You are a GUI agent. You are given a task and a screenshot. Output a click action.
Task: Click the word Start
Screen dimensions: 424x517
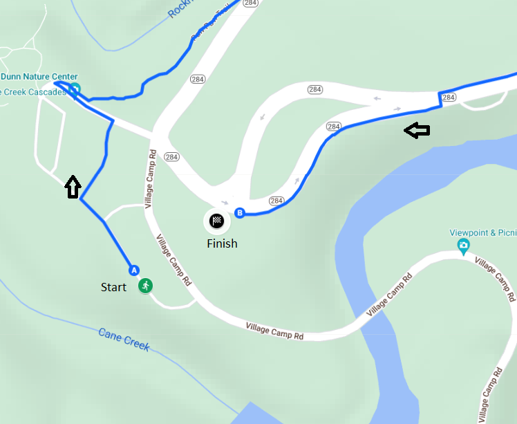tap(113, 286)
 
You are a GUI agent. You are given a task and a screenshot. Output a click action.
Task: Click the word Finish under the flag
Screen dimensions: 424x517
tap(222, 243)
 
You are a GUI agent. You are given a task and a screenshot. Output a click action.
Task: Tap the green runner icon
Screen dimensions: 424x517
tap(145, 285)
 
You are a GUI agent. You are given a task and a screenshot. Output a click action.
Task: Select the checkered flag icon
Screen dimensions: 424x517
tap(217, 221)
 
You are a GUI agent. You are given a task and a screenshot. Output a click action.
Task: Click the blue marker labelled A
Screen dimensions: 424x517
tap(134, 270)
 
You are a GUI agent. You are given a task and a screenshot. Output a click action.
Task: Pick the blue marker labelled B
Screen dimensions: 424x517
tap(240, 213)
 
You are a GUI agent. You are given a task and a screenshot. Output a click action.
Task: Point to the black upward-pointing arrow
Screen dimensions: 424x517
tap(73, 187)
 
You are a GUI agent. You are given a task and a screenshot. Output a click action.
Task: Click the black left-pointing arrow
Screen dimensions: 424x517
tap(417, 130)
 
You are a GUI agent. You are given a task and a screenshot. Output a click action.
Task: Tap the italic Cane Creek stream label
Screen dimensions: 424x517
tap(124, 340)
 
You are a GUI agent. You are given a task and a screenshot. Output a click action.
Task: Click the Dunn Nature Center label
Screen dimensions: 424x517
tap(39, 77)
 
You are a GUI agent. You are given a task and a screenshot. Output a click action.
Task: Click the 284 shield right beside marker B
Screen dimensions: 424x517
tap(276, 201)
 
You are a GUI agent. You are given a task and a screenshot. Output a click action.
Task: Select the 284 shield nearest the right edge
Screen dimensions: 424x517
tap(449, 98)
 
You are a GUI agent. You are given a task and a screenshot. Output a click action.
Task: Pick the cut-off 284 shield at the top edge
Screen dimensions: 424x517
tap(250, 3)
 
